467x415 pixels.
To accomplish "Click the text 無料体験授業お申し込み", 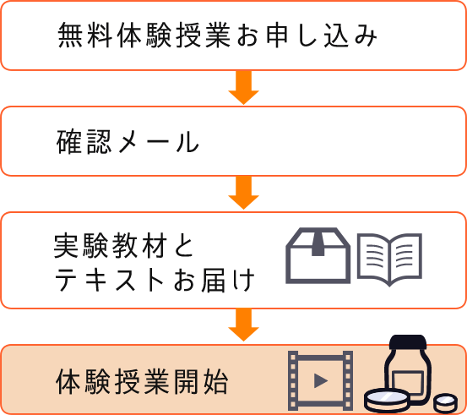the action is point(217,35).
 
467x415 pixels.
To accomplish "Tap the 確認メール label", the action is point(128,141).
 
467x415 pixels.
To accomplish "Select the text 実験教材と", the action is point(124,245).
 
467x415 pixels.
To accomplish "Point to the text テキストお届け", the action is point(155,280).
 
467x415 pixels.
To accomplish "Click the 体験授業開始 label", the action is point(142,381).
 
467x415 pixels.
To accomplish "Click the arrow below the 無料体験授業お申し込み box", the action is point(243,87).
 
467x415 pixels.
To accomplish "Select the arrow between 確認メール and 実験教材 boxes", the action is point(243,193).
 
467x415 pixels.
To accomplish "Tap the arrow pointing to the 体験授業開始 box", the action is point(243,325).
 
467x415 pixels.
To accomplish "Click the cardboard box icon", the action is point(318,255).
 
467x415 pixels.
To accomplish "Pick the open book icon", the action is point(389,260).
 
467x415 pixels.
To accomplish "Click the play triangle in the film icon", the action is point(320,380).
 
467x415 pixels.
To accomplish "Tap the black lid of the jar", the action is point(408,342).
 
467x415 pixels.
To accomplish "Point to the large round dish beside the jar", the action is point(387,401).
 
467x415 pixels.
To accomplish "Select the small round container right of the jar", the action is point(445,403).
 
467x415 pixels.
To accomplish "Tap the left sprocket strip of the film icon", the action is point(293,380).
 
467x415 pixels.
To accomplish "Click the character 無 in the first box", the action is point(70,35).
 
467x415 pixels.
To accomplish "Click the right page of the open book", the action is point(406,258).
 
